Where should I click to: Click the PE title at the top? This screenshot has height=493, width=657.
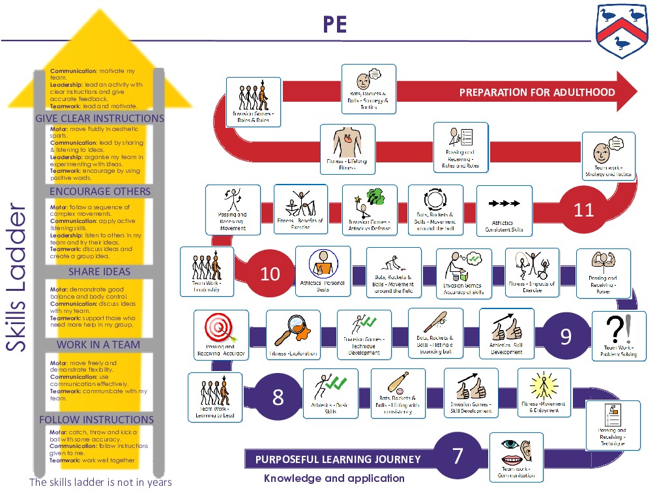pos(335,25)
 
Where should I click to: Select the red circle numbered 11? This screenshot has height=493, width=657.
pos(583,210)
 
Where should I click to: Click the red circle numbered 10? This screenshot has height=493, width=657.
pos(270,273)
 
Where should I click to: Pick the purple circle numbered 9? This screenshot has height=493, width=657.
pos(566,336)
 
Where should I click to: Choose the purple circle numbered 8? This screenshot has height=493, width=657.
pos(278,396)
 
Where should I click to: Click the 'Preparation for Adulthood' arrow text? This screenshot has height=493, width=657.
pos(537,92)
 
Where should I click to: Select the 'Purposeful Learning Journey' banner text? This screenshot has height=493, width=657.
pos(338,459)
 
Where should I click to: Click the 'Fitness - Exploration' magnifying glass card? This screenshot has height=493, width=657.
pos(293,335)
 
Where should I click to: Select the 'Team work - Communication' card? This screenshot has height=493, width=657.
pos(516,457)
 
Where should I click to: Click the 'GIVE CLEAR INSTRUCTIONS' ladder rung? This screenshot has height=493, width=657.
pos(100,119)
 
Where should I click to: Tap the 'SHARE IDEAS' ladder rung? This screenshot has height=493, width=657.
pos(100,272)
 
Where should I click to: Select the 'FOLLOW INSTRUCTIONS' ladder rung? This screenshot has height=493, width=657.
pos(96,419)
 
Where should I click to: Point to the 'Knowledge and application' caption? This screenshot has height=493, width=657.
pos(334,479)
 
